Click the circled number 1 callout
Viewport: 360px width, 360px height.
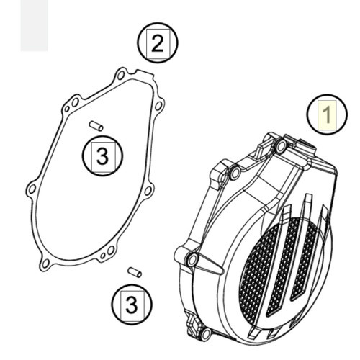click(327, 114)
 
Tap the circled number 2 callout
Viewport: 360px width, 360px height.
click(158, 42)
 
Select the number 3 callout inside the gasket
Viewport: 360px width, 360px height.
click(102, 156)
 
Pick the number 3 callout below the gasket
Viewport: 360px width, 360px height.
click(132, 305)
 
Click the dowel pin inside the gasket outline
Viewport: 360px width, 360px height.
click(96, 126)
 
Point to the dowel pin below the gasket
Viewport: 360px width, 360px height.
click(135, 272)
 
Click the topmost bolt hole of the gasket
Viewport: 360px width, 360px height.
click(120, 76)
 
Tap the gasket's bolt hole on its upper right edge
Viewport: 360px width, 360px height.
click(158, 106)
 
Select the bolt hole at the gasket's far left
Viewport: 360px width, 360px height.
click(32, 189)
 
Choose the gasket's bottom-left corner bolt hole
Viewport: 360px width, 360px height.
click(45, 264)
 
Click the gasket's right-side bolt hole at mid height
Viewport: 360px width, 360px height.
click(148, 191)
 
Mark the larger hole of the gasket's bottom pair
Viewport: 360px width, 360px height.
click(110, 251)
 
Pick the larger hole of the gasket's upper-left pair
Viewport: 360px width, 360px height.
click(75, 102)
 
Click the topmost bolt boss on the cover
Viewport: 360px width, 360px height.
click(281, 146)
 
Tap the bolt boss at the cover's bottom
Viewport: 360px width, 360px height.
click(206, 333)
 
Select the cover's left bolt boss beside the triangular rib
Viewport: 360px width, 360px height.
click(192, 259)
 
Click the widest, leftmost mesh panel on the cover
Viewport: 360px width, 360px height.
click(258, 273)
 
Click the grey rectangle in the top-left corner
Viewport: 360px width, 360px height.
click(35, 25)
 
